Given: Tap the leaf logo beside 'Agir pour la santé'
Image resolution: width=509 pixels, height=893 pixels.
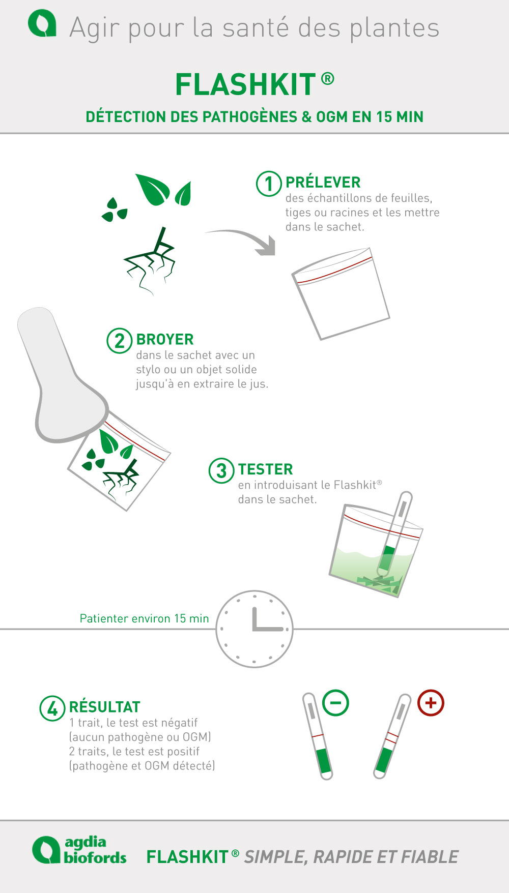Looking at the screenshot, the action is tap(42, 24).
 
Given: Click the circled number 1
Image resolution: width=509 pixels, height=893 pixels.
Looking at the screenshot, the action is tap(269, 184).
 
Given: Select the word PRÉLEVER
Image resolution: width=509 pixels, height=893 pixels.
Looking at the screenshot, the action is tap(323, 182).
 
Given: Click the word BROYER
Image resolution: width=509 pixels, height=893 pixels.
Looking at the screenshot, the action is tap(165, 339).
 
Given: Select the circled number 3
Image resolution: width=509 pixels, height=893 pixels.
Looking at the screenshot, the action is tap(221, 470).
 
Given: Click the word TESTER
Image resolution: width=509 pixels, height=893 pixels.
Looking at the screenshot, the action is tap(265, 469).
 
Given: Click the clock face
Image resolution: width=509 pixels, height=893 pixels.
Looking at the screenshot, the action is tap(254, 629).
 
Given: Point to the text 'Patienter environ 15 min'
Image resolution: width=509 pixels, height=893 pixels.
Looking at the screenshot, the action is tap(145, 618).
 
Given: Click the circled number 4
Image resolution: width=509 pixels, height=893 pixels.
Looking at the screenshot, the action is tap(52, 708).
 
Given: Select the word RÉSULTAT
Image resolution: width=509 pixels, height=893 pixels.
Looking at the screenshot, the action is tap(104, 707).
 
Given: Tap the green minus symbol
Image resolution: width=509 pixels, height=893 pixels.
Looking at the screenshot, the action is tap(335, 703).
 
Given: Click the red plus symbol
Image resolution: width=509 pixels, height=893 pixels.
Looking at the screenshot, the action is tap(431, 703).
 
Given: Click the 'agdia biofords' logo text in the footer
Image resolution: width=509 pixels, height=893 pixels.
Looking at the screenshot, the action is tap(95, 850).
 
